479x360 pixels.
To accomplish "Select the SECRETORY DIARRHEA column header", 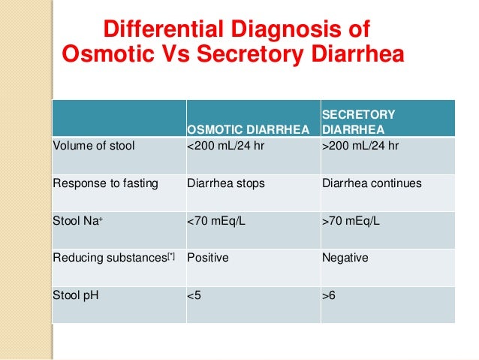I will tap(358, 121).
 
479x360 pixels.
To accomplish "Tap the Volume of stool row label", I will tap(93, 146).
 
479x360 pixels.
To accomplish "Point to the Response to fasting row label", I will tap(105, 183).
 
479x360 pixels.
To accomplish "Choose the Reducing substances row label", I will tap(113, 258).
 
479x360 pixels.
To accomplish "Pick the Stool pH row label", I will tap(75, 295).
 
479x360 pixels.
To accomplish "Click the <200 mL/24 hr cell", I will tap(227, 146).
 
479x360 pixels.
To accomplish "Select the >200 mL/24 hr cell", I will tap(360, 146).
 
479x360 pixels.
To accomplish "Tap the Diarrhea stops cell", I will tap(225, 183).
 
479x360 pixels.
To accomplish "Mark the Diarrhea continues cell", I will tap(371, 183).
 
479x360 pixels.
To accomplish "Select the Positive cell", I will tap(207, 258).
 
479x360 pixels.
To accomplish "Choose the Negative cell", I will tap(345, 258).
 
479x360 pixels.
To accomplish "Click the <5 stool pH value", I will tap(194, 295).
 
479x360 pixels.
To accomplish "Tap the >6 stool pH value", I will tap(329, 295).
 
